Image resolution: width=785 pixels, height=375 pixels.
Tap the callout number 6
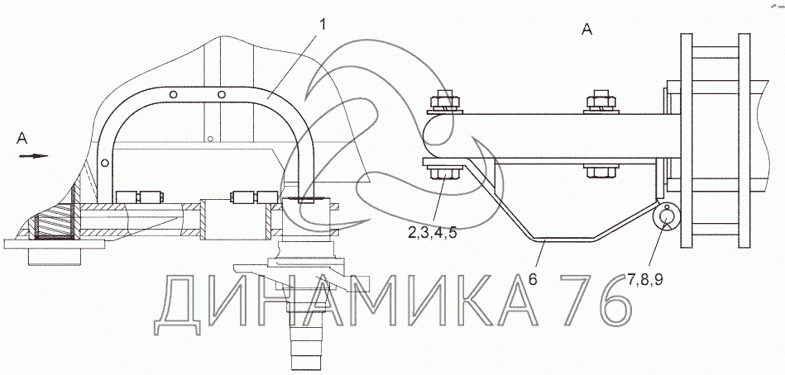pos(533,279)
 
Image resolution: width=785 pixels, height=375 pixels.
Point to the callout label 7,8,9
pos(645,279)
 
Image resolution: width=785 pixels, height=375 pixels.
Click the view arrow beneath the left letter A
pos(34,156)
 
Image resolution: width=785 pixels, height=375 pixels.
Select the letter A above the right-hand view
pos(586,30)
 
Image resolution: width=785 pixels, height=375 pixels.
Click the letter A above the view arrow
pos(22,139)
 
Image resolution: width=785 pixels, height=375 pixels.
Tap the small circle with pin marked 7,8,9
pos(666,216)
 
